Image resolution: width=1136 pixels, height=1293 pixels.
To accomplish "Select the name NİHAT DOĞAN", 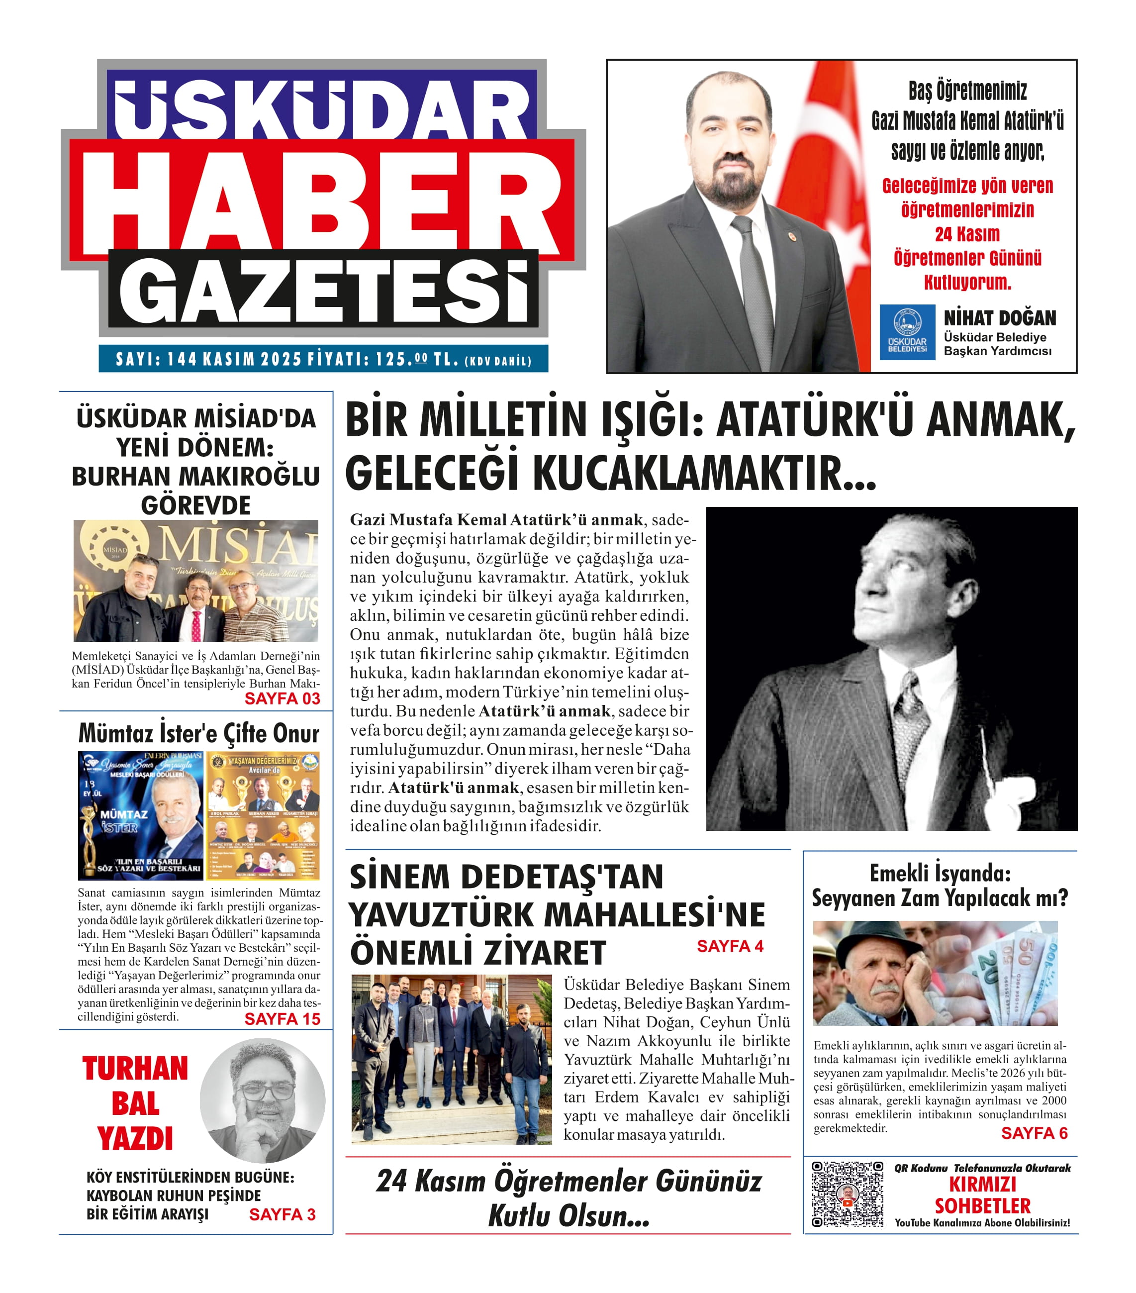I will (999, 317).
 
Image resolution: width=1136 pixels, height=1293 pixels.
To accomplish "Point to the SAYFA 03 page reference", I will (282, 698).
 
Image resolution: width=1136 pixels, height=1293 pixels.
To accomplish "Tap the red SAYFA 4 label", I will (729, 946).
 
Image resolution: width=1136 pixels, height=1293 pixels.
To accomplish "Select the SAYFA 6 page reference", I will (1034, 1133).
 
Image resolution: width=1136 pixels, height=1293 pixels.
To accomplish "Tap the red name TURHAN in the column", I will (135, 1069).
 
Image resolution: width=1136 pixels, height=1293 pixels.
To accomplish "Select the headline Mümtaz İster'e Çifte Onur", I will (198, 734).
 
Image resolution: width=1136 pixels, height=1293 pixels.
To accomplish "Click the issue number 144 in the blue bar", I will (182, 359).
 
